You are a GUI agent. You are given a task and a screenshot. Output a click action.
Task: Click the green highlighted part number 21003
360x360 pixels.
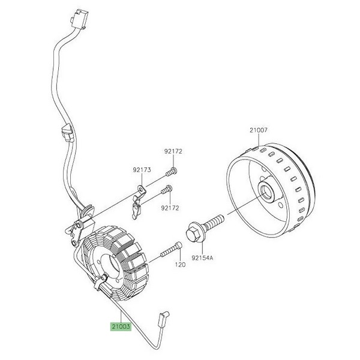coord(119,328)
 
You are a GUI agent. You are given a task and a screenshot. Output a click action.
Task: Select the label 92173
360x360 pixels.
coord(142,170)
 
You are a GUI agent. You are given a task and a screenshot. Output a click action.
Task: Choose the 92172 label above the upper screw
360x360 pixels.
coord(173,152)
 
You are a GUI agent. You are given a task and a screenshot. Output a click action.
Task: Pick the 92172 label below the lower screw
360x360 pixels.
coord(170,208)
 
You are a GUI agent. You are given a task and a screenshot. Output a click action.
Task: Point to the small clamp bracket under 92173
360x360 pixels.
coord(139,204)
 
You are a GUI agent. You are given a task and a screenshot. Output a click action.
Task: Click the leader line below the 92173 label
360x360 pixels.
coord(141,181)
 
